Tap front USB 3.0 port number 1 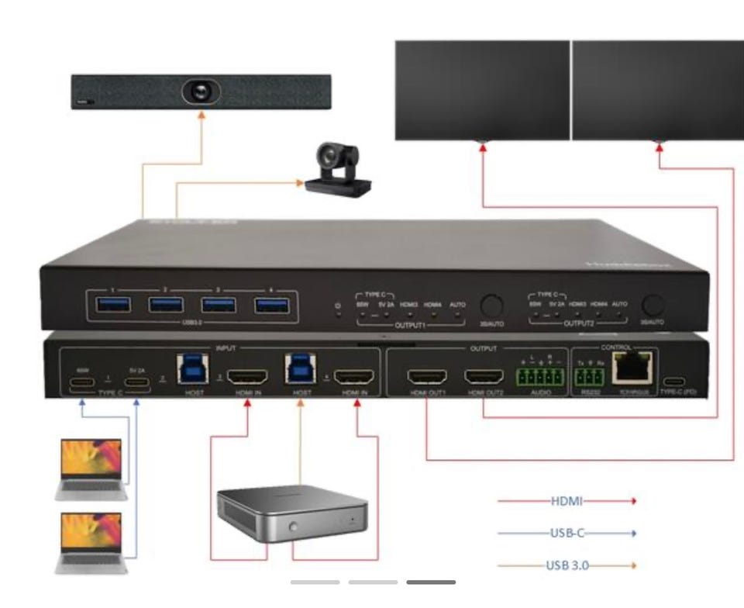click(112, 304)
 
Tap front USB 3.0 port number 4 click(271, 304)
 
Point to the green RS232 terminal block click(591, 378)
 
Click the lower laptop click(91, 540)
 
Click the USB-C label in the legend click(567, 533)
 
